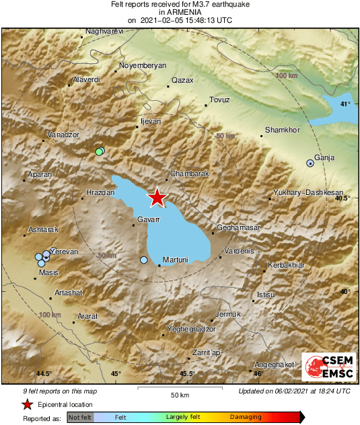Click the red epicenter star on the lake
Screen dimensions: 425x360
[x=157, y=197]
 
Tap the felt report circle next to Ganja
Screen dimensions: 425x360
[x=310, y=163]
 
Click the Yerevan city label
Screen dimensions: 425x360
[x=65, y=252]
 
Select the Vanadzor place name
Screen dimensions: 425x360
[x=63, y=134]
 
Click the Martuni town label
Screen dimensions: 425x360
[x=175, y=260]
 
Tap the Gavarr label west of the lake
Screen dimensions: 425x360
[x=148, y=220]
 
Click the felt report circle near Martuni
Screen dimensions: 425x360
[x=143, y=260]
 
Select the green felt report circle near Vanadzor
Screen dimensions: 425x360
[x=99, y=152]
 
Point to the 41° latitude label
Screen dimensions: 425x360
[x=345, y=104]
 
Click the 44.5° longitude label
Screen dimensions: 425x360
[x=44, y=374]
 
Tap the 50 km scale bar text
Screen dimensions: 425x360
[x=178, y=393]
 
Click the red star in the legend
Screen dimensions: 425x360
[x=27, y=404]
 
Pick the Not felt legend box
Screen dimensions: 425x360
[x=81, y=418]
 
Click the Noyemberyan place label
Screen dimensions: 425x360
[x=142, y=66]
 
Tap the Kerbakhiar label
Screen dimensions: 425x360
[x=286, y=265]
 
